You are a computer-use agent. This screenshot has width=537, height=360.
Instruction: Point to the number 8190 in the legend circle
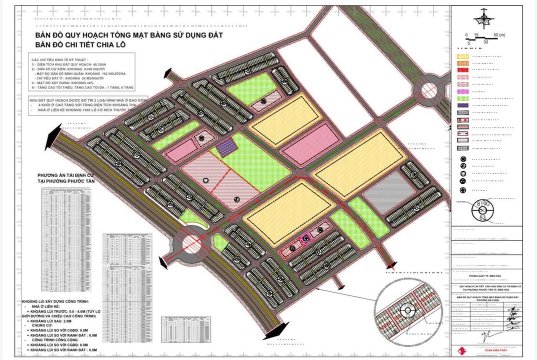pos(482,203)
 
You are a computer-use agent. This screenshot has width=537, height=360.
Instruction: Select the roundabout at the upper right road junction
pos(429,91)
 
